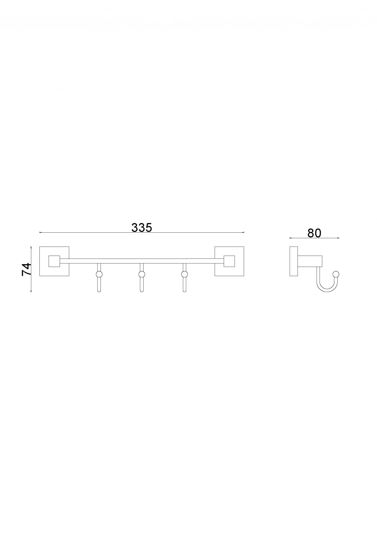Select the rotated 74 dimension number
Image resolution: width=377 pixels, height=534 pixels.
tap(27, 269)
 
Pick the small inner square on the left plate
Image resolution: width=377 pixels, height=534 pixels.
tap(54, 261)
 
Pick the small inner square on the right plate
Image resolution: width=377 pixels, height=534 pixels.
tap(229, 261)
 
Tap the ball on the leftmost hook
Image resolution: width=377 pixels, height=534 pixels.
tap(99, 274)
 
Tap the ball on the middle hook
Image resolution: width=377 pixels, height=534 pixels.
tap(142, 274)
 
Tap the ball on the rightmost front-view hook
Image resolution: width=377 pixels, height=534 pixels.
tap(184, 274)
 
